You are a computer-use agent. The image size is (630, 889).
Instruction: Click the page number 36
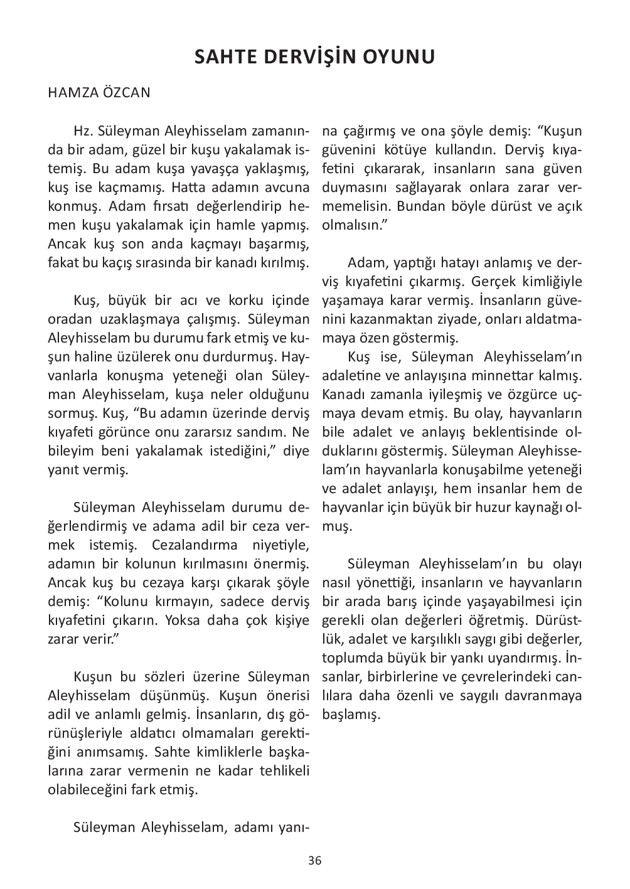click(x=315, y=860)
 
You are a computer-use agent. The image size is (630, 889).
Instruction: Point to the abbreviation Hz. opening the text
click(x=83, y=132)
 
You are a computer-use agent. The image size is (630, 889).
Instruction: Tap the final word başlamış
click(x=351, y=715)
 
